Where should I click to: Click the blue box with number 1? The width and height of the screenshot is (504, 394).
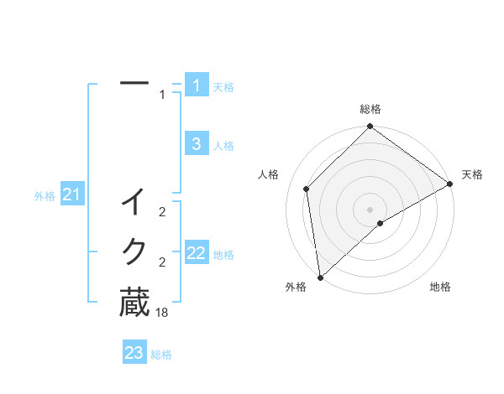click(196, 85)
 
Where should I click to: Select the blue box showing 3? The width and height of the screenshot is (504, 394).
click(196, 144)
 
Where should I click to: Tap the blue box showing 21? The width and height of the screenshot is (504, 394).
click(71, 195)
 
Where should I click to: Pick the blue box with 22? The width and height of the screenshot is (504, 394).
click(196, 253)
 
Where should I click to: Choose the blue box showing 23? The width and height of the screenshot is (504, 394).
click(134, 353)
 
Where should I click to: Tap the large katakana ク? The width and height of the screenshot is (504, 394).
click(134, 251)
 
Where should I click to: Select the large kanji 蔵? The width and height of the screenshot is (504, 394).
click(134, 303)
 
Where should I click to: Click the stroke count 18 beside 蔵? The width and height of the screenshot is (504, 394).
click(162, 313)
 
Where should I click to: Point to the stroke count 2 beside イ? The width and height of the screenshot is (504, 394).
click(162, 213)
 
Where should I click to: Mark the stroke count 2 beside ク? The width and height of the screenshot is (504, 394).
click(162, 262)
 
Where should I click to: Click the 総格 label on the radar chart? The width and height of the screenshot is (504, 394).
click(370, 109)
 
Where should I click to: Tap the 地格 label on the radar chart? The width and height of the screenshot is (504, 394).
click(440, 287)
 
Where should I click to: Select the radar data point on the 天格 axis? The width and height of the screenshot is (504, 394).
click(450, 184)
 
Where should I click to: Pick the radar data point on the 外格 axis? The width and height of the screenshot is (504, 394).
click(320, 277)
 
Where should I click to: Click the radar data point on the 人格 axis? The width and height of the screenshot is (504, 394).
click(307, 189)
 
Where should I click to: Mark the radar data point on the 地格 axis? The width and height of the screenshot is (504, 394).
click(381, 223)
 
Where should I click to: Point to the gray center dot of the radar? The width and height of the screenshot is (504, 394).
click(370, 209)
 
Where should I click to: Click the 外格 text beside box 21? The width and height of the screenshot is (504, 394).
click(45, 196)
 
